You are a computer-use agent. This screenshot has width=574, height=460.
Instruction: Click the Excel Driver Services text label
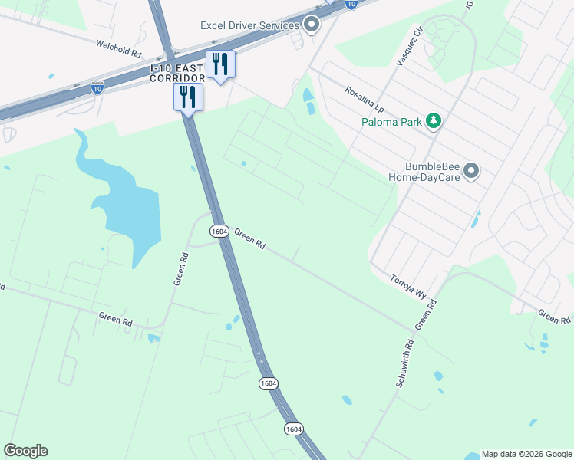coord(249,25)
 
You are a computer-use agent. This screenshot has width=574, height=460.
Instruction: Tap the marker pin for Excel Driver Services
coord(312,25)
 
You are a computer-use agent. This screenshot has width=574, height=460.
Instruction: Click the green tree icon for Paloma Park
coord(434,120)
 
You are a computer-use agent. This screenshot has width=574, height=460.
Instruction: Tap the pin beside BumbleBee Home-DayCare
coord(471,170)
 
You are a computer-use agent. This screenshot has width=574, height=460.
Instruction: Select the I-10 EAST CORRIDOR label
coord(177,74)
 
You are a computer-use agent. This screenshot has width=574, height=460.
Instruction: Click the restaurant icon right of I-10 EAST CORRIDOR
coord(220,64)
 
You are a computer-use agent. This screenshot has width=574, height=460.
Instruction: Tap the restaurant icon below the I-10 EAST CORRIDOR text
coord(188,97)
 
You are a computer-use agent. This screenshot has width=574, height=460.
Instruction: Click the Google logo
coord(25,451)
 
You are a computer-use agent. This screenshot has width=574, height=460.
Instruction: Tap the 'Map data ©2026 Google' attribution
coord(526,454)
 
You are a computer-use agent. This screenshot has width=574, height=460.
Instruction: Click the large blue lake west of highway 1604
coord(123,207)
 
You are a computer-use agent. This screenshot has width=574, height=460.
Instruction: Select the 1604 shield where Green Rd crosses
coord(219,231)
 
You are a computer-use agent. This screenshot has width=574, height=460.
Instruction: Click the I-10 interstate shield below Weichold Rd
coord(97,87)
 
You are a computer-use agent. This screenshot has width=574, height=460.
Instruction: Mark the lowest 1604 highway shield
coord(292,427)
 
